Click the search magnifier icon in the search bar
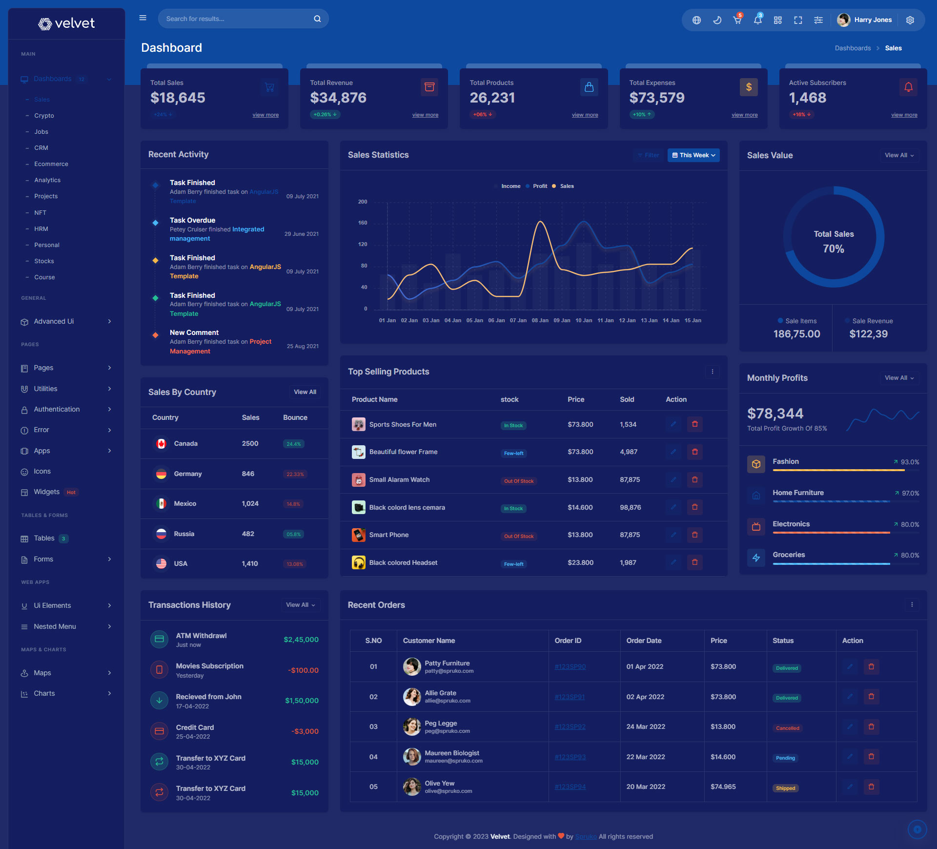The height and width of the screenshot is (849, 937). point(317,19)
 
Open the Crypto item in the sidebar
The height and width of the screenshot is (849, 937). point(44,116)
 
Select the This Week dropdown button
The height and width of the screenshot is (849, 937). point(693,155)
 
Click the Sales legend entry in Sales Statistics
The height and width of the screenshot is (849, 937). point(567,186)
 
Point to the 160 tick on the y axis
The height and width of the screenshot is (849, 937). point(363,223)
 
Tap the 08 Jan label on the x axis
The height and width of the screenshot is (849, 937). point(540,321)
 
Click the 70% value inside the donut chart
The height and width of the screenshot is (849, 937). point(834,249)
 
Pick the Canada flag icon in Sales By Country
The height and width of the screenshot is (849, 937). point(161,444)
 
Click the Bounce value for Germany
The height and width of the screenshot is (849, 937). point(295,474)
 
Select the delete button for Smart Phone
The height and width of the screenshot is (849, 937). point(694,535)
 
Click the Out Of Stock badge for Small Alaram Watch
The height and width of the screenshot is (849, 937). point(518,481)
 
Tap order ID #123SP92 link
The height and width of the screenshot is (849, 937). point(570,727)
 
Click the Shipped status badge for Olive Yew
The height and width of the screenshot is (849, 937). point(785,788)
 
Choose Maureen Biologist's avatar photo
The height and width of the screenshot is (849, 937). point(412,757)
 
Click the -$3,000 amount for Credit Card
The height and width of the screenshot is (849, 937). point(305,731)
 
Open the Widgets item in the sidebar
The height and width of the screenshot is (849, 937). point(46,492)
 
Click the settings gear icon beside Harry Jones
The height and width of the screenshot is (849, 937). point(910,20)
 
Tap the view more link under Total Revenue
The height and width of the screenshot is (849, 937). point(425,115)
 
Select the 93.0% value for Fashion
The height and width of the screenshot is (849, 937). point(910,462)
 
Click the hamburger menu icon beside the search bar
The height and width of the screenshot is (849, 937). point(143,18)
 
